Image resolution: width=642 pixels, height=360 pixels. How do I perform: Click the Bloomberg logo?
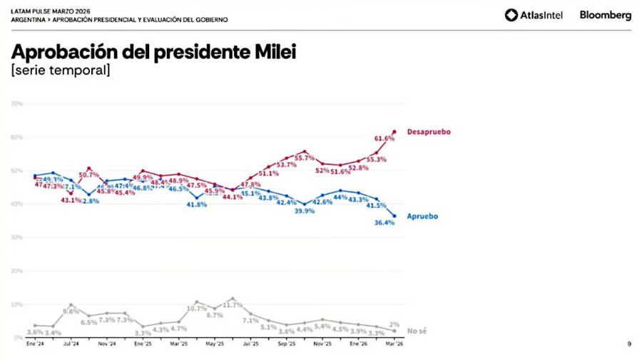(605, 15)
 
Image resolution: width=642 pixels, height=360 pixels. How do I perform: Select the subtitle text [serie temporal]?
(61, 71)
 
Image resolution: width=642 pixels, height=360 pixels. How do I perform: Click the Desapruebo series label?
(429, 132)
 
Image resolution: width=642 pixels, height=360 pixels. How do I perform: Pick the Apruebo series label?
(422, 216)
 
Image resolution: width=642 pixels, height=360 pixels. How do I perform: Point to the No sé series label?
(417, 331)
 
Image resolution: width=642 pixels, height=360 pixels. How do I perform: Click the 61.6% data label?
(384, 138)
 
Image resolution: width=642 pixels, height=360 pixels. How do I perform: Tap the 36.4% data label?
(384, 223)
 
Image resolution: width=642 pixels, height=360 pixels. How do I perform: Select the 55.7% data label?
(304, 158)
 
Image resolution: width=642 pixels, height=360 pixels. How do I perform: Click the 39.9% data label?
(305, 211)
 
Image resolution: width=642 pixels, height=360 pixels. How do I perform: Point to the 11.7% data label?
(233, 306)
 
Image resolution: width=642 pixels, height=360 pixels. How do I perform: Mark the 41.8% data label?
(197, 205)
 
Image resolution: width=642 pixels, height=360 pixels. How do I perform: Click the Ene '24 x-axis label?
(34, 344)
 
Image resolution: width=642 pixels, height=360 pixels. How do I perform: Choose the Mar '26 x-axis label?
(394, 344)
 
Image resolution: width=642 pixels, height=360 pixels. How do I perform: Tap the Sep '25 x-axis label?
(286, 344)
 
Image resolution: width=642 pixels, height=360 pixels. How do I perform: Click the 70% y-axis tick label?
(18, 104)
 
